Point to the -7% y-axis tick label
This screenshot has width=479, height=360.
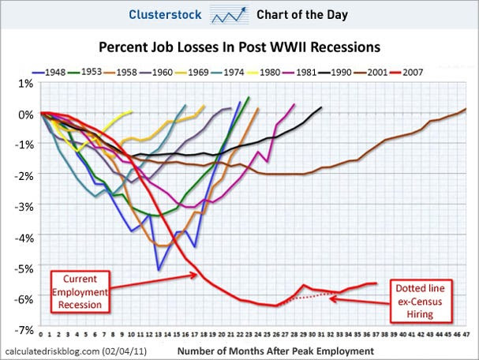[x=21, y=328]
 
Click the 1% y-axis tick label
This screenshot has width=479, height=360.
[x=24, y=83]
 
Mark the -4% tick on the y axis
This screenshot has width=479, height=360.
[x=21, y=237]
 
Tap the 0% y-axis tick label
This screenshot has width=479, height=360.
[x=24, y=114]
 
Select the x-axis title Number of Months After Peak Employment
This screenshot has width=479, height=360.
[x=276, y=349]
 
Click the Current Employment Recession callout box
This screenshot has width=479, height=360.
[x=81, y=291]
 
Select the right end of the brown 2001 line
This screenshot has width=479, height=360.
[x=466, y=109]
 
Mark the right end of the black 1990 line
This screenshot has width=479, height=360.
[x=322, y=107]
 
